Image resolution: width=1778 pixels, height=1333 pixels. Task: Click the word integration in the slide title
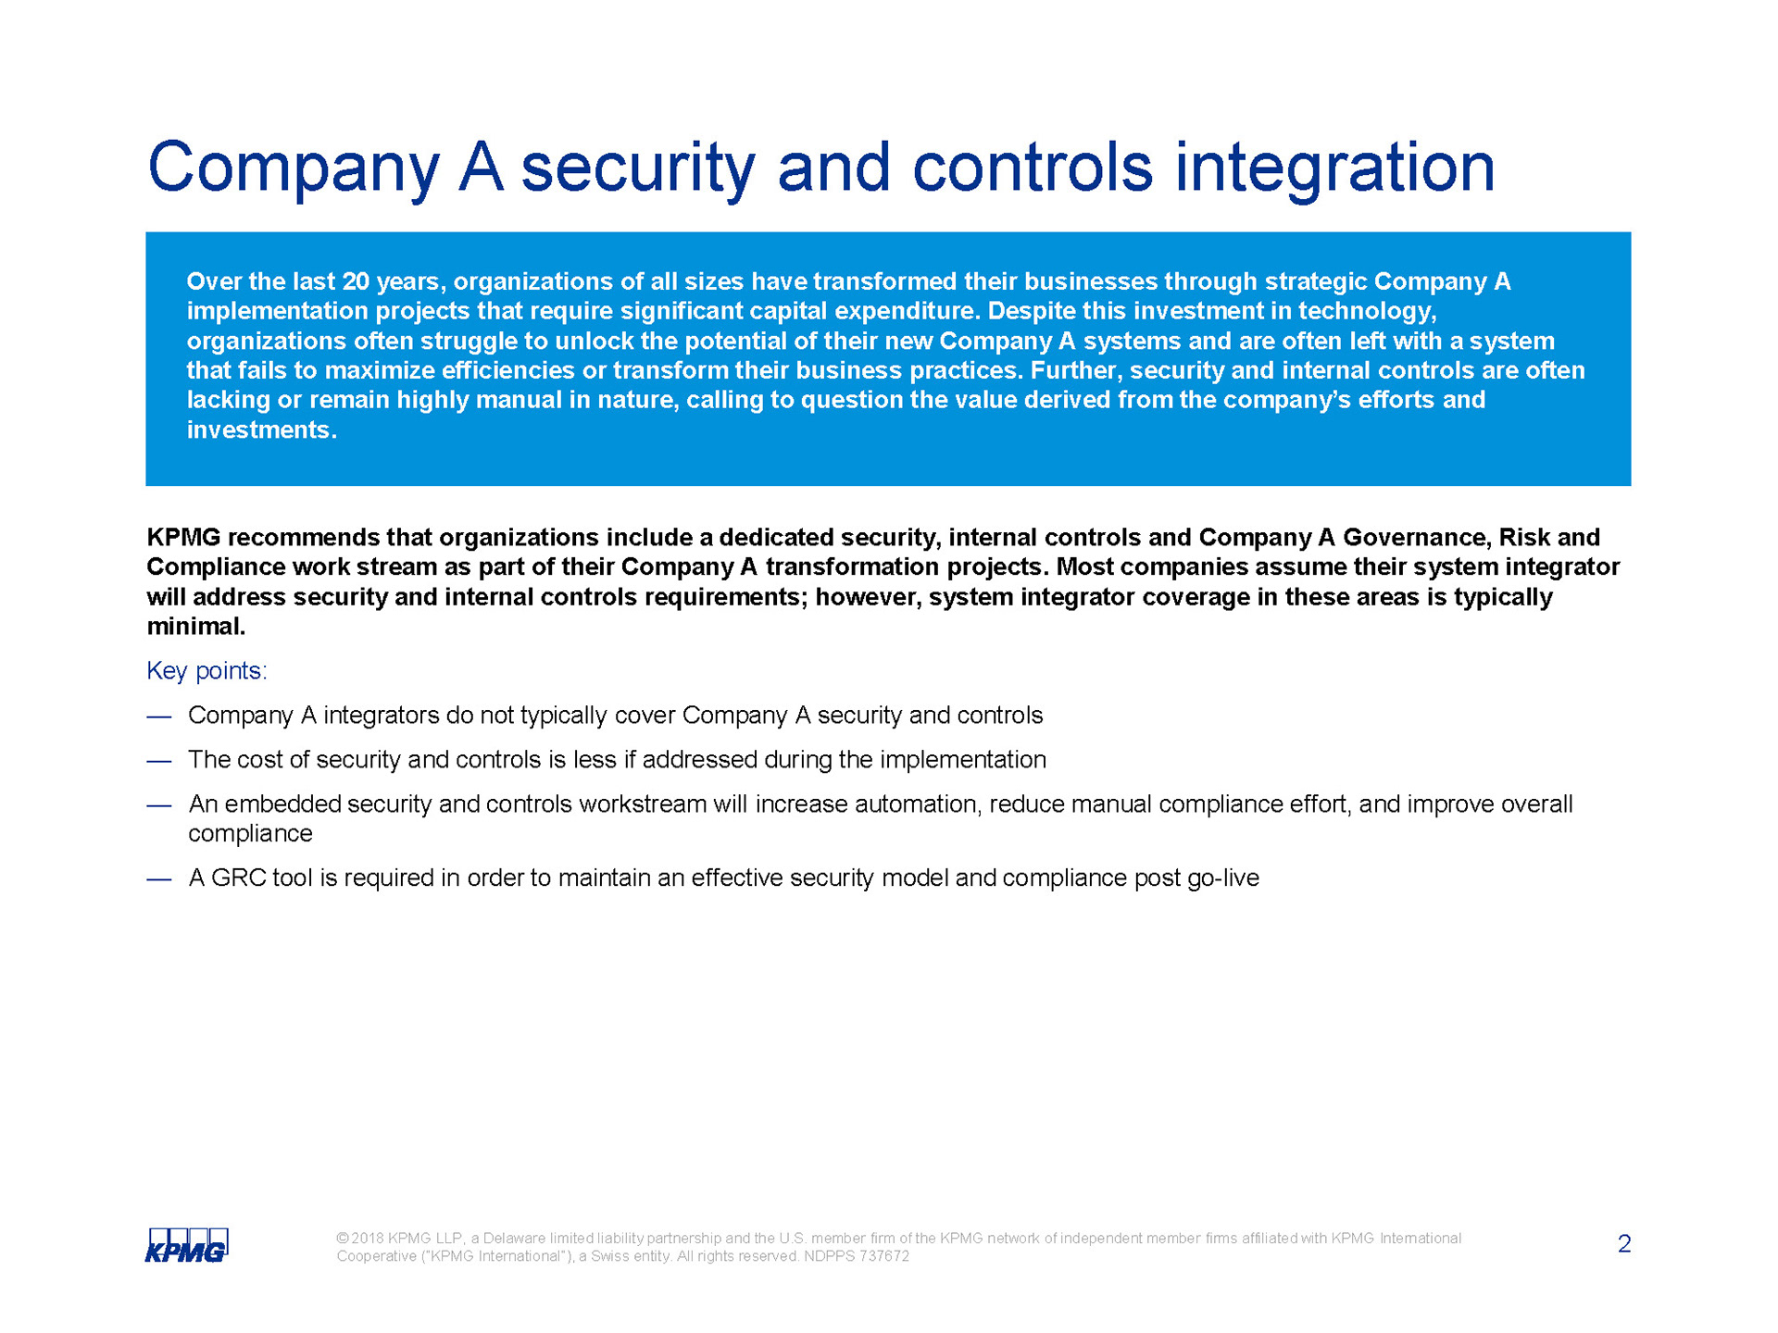click(1334, 169)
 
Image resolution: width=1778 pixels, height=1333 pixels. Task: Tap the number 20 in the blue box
click(357, 281)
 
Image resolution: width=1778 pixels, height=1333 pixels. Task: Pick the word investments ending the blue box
click(262, 430)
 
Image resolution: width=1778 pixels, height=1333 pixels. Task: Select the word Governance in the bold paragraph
click(1417, 537)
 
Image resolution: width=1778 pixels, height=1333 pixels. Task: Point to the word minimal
click(196, 626)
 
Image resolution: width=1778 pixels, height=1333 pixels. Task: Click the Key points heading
click(207, 671)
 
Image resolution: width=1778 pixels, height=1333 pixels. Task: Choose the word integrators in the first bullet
click(381, 716)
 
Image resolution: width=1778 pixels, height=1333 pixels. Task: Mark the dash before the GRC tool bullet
click(159, 878)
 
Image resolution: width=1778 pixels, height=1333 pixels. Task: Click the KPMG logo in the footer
click(187, 1245)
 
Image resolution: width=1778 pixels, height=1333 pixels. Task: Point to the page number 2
click(1624, 1244)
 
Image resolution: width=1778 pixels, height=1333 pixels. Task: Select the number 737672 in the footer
click(884, 1256)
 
